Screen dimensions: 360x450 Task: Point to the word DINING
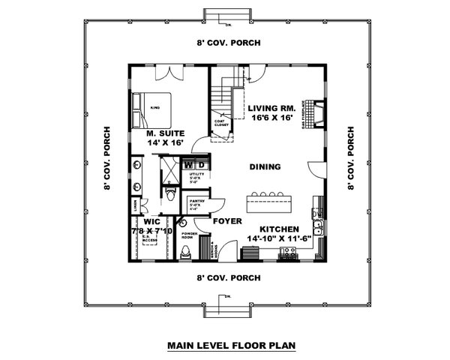point(265,166)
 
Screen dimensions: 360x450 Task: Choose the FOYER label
point(226,221)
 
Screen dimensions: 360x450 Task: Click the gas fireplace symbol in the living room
point(318,113)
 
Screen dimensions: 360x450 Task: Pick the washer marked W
point(188,163)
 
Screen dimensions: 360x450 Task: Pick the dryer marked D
point(200,163)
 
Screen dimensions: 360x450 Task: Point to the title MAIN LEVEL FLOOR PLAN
point(225,346)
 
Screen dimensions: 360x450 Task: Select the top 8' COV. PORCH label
point(228,43)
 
